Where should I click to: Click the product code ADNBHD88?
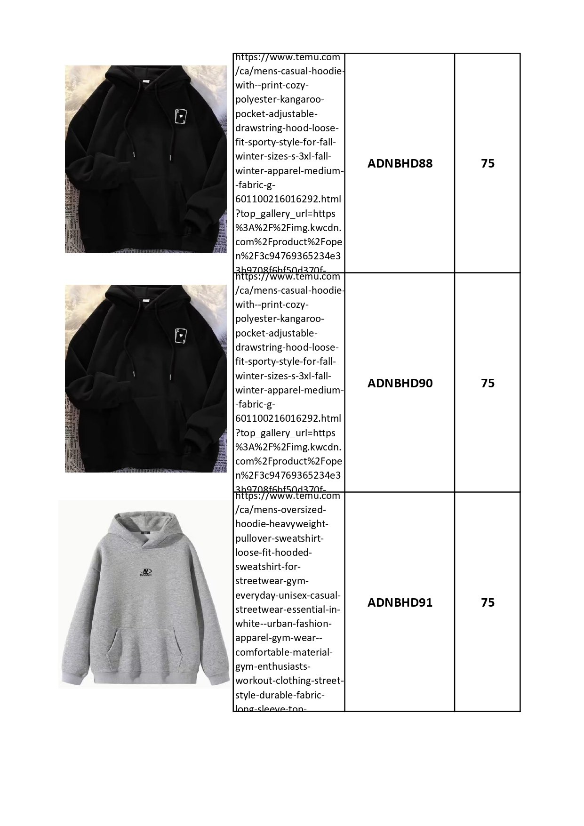coord(400,164)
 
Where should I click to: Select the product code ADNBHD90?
coord(400,383)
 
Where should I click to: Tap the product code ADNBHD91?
coord(400,602)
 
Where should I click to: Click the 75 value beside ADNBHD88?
coord(488,164)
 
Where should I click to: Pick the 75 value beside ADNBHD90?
coord(488,383)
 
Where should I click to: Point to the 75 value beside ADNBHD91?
coord(488,602)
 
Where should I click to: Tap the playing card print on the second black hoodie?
coord(180,335)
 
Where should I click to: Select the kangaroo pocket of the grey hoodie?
coord(144,650)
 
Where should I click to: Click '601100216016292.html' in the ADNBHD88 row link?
coord(288,199)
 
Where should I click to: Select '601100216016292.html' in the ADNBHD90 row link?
coord(288,418)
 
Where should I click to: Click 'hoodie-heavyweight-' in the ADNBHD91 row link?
coord(281,524)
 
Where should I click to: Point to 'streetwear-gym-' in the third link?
coord(272,581)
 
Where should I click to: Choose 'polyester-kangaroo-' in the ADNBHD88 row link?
coord(280,100)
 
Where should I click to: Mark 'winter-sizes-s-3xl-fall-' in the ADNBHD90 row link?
coord(283,376)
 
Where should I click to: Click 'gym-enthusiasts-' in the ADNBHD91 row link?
coord(273,666)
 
